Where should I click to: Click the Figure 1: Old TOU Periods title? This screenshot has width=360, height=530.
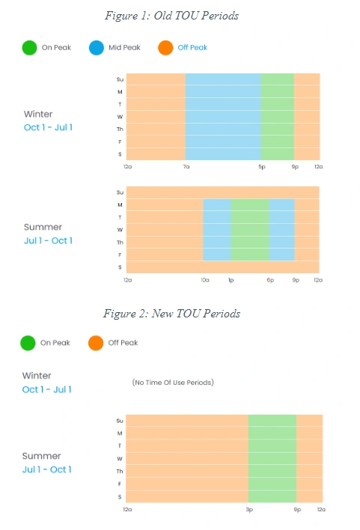pyautogui.click(x=171, y=16)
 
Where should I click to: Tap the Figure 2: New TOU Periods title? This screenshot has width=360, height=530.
pyautogui.click(x=171, y=314)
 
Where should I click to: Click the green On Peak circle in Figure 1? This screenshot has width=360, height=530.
pyautogui.click(x=29, y=48)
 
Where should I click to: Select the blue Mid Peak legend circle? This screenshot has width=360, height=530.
pyautogui.click(x=97, y=48)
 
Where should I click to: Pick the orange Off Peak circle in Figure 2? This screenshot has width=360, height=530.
pyautogui.click(x=96, y=343)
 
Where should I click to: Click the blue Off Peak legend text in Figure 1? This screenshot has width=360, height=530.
pyautogui.click(x=192, y=48)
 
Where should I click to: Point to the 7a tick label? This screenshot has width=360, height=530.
pyautogui.click(x=186, y=167)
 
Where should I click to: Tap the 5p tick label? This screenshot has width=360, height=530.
pyautogui.click(x=262, y=167)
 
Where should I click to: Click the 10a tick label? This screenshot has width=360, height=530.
pyautogui.click(x=205, y=280)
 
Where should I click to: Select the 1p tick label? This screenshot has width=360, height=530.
pyautogui.click(x=231, y=280)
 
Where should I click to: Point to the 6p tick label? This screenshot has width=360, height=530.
pyautogui.click(x=270, y=280)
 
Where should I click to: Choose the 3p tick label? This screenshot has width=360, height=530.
pyautogui.click(x=249, y=509)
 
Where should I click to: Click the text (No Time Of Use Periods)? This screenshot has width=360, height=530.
pyautogui.click(x=173, y=383)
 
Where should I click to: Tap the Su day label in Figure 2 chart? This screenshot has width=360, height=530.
pyautogui.click(x=120, y=421)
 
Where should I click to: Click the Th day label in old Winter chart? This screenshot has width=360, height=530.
pyautogui.click(x=120, y=129)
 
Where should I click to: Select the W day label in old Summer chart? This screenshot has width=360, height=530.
pyautogui.click(x=120, y=230)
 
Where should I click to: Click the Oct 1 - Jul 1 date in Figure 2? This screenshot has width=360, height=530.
pyautogui.click(x=46, y=390)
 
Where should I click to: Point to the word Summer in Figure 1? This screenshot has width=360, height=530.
pyautogui.click(x=43, y=227)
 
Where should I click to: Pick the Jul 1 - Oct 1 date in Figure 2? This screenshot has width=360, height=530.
pyautogui.click(x=46, y=469)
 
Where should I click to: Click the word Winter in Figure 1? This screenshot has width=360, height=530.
pyautogui.click(x=38, y=114)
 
